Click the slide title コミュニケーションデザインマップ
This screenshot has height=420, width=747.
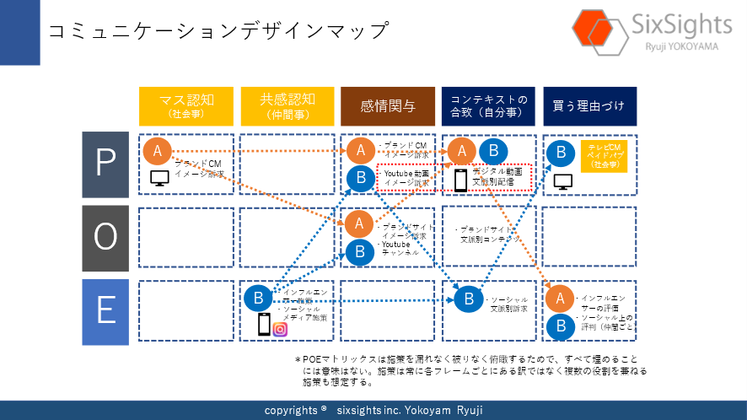click(x=218, y=31)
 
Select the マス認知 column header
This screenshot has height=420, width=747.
click(x=185, y=106)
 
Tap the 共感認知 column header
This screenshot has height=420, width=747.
click(x=287, y=106)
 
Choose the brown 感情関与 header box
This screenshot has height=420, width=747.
click(x=388, y=106)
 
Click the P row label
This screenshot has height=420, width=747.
click(x=105, y=164)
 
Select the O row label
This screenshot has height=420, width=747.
click(x=105, y=237)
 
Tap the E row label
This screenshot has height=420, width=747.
click(x=105, y=311)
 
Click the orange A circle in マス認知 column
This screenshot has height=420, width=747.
click(x=157, y=151)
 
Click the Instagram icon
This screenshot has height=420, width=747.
click(x=280, y=328)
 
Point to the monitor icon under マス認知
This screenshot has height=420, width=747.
click(x=160, y=178)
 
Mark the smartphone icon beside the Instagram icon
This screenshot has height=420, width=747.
click(x=264, y=324)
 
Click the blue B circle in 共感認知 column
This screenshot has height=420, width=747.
click(x=258, y=298)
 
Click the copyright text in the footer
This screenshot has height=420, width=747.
click(x=373, y=410)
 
